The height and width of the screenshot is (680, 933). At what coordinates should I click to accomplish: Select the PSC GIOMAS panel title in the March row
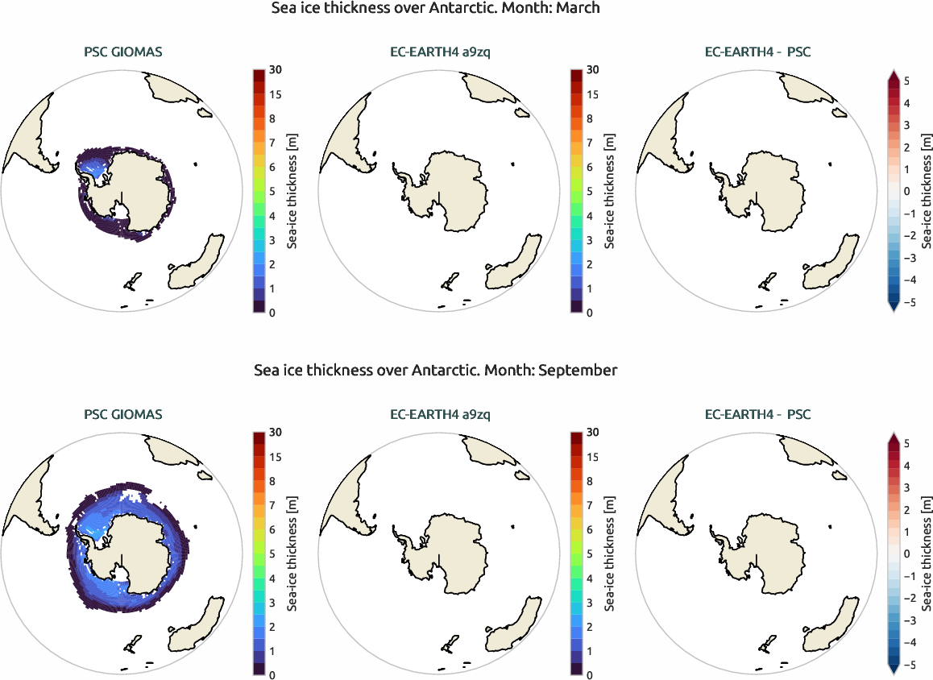pyautogui.click(x=123, y=53)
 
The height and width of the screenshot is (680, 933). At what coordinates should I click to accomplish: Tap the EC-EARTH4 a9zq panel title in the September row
pyautogui.click(x=439, y=415)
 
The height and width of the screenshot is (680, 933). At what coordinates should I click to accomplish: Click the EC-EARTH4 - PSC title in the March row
pyautogui.click(x=757, y=53)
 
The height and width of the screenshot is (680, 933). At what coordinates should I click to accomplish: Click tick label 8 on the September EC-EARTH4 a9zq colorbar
pyautogui.click(x=592, y=481)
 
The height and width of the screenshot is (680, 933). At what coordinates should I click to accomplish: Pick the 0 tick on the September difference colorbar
pyautogui.click(x=906, y=554)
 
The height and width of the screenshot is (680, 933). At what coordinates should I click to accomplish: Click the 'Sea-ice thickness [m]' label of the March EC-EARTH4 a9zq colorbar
pyautogui.click(x=610, y=192)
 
